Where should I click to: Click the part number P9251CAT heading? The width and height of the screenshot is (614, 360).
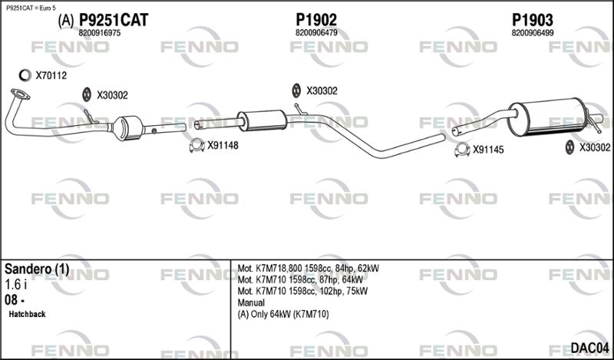(114, 20)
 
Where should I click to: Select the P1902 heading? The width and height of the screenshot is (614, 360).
(316, 20)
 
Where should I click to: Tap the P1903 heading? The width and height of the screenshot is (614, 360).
(533, 20)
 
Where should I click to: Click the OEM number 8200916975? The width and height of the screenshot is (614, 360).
(100, 33)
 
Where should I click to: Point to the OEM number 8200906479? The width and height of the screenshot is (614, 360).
(316, 33)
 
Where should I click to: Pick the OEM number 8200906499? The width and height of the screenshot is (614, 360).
(533, 33)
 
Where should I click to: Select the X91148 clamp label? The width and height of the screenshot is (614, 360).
(223, 146)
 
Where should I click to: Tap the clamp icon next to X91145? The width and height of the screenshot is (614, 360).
(462, 150)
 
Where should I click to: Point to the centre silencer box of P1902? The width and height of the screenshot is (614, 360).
(262, 121)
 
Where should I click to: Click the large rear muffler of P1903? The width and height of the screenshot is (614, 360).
(548, 117)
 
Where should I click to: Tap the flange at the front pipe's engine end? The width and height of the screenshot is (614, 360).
(20, 94)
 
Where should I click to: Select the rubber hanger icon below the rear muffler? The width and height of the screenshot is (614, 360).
(569, 147)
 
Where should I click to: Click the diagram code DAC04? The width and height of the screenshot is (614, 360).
(589, 347)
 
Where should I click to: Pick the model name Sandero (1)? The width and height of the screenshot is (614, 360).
(37, 269)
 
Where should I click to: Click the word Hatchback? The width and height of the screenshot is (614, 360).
(27, 314)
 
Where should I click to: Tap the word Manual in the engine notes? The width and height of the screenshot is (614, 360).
(251, 302)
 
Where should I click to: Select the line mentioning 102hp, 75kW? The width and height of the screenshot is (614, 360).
(302, 292)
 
